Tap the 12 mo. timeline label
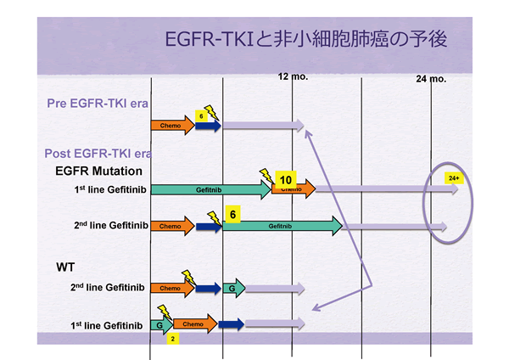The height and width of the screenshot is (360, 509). (x=294, y=77)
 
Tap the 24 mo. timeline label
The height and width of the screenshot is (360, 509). (x=431, y=79)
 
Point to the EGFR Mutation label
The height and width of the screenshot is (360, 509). (x=91, y=171)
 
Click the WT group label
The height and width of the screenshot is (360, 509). (x=66, y=267)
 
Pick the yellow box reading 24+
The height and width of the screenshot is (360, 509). (x=455, y=178)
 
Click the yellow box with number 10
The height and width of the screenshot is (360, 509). (x=286, y=180)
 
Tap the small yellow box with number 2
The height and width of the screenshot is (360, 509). (x=173, y=338)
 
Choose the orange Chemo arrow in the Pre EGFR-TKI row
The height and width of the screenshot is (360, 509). (x=172, y=126)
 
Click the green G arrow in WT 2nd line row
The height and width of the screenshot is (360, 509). (x=234, y=289)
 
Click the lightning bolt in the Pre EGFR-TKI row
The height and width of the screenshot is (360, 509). (x=210, y=112)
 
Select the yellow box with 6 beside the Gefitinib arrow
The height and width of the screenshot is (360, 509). (x=231, y=216)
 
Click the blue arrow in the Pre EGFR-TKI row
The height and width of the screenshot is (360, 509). (x=208, y=126)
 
